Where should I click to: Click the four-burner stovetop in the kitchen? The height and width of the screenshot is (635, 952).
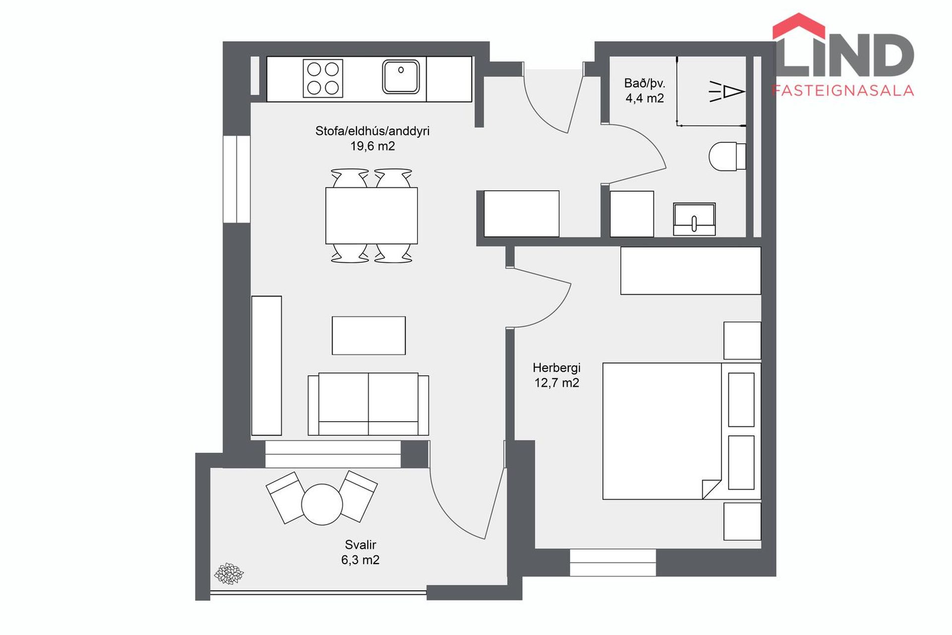[x=323, y=78]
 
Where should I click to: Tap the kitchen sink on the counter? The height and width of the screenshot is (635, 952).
[x=401, y=77]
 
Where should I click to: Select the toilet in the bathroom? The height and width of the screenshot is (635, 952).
[x=727, y=156]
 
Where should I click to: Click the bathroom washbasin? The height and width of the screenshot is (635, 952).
[x=694, y=219]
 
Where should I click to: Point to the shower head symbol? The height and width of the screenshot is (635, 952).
[x=727, y=92]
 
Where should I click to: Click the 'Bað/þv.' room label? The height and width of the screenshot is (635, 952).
[x=645, y=83]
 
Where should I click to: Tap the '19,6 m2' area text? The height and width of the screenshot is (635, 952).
[x=373, y=146]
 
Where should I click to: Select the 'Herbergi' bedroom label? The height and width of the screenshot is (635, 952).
[x=556, y=368]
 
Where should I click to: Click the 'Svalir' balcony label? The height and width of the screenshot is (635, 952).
[x=360, y=545]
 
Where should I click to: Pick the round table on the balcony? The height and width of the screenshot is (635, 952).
[x=322, y=504]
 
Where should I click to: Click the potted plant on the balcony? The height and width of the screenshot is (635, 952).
[x=229, y=573]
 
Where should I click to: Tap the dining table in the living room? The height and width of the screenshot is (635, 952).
[x=371, y=215]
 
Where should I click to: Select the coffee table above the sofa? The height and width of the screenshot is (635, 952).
[x=368, y=335]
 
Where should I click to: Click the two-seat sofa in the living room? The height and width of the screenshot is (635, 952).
[x=368, y=404]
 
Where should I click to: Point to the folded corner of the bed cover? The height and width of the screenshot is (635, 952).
[x=712, y=489]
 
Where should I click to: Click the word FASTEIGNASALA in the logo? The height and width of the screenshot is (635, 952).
[x=843, y=90]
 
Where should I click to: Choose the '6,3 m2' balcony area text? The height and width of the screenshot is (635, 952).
[x=360, y=560]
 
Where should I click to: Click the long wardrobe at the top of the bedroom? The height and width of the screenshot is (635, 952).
[x=691, y=270]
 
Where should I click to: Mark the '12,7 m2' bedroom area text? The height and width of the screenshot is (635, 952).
[x=557, y=383]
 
